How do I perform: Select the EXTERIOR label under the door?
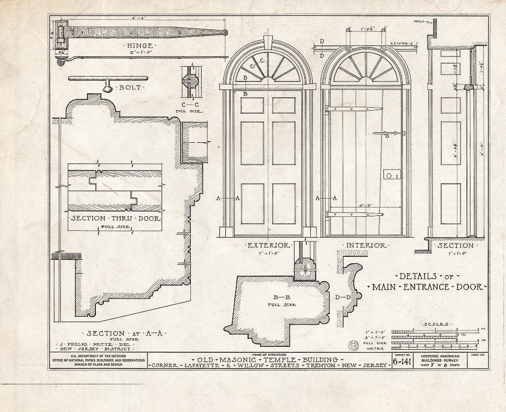pyautogui.click(x=268, y=245)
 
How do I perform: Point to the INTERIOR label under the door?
pyautogui.click(x=366, y=245)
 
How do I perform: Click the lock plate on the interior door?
pyautogui.click(x=391, y=175)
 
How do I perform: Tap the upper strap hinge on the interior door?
pyautogui.click(x=354, y=109)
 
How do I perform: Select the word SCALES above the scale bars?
pyautogui.click(x=435, y=324)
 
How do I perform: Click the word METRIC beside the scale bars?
pyautogui.click(x=376, y=348)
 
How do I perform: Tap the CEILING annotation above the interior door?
pyautogui.click(x=401, y=43)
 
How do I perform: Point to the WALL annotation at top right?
pyautogui.click(x=420, y=22)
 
